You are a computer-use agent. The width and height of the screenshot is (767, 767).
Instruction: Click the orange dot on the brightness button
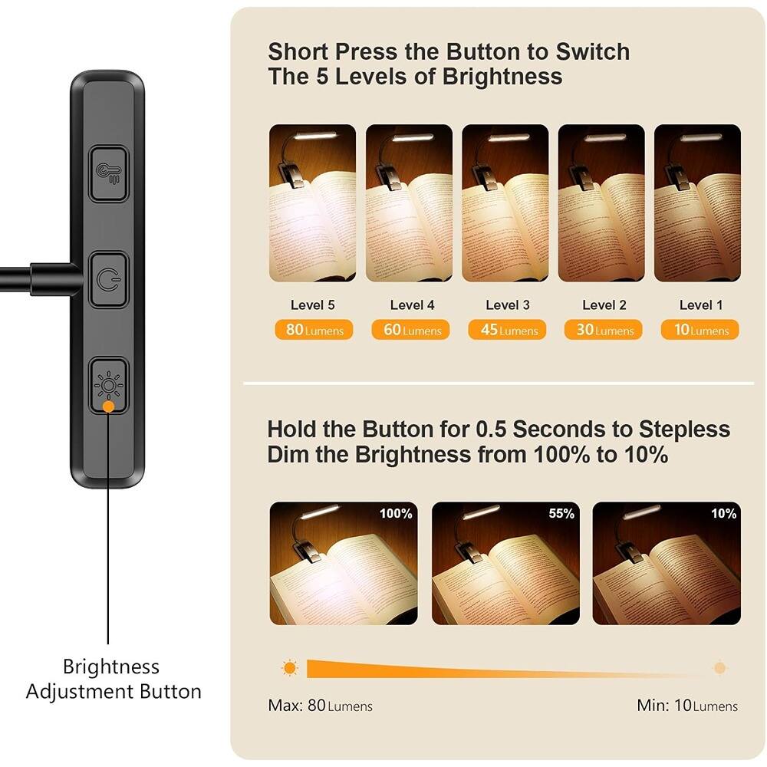coord(109,406)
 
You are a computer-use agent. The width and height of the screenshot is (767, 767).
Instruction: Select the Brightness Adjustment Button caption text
coord(113,679)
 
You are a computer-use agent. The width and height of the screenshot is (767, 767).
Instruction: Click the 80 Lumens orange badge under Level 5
coord(314,331)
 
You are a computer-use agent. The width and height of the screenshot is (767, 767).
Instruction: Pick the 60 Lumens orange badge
coord(410,331)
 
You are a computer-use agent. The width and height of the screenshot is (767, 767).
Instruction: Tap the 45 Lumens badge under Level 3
coord(507,331)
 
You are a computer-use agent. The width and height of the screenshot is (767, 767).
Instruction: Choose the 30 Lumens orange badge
coord(604,331)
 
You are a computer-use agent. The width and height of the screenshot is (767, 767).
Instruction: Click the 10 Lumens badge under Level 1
coord(700,331)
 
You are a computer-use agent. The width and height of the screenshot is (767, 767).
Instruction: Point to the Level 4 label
coord(412,305)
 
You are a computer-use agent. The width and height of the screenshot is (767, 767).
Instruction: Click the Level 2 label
coord(604,305)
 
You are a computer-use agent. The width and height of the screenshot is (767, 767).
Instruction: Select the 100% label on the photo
coord(396,514)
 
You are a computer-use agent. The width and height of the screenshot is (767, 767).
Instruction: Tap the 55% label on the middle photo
coord(561,514)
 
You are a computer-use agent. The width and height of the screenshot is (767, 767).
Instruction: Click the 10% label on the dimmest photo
coord(723,514)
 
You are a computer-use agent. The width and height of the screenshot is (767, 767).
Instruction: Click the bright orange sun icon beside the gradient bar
coord(289,668)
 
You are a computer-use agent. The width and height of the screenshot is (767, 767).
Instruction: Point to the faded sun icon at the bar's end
coord(719,668)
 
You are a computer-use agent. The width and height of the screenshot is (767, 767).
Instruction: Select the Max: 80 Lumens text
coord(320,706)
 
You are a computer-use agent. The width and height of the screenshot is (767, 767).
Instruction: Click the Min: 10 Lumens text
coord(687,706)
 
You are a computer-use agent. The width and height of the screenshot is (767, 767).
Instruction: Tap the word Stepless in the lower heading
coord(683,429)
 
